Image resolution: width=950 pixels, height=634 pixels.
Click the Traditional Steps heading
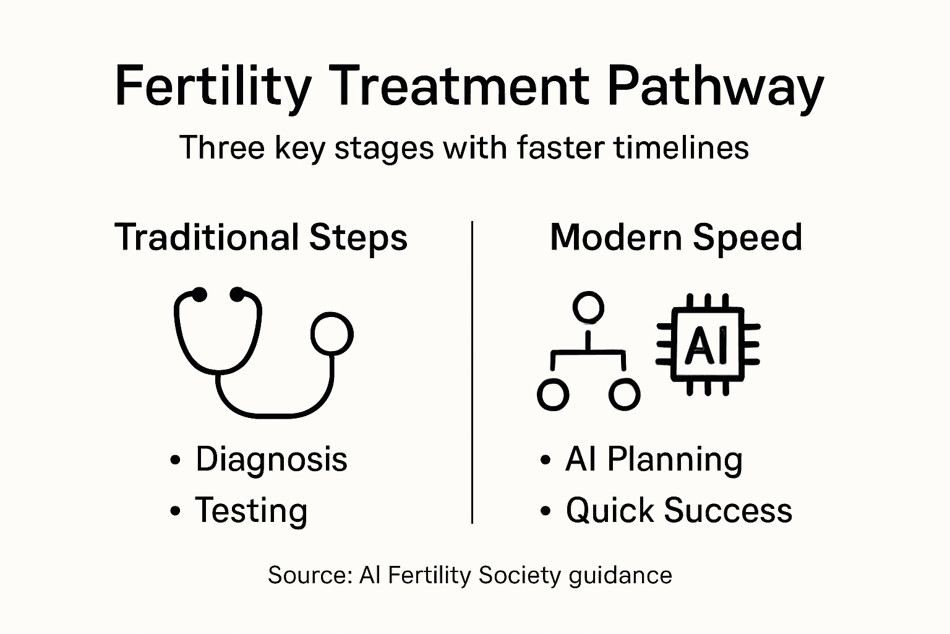(x=261, y=238)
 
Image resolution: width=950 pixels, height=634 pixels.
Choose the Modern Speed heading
(x=676, y=238)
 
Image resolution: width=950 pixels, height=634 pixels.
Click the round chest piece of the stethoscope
(x=332, y=334)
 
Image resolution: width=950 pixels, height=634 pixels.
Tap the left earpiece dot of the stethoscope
(x=199, y=295)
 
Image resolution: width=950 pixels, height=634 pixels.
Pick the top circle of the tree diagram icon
(x=588, y=307)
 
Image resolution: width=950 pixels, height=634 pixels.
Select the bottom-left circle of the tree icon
(x=553, y=394)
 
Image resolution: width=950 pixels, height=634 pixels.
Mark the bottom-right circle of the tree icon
(x=624, y=394)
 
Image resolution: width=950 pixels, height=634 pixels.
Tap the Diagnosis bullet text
(x=272, y=459)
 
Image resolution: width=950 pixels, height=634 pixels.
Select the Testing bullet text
(x=251, y=510)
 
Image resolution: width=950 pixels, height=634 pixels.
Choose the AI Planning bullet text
(x=654, y=459)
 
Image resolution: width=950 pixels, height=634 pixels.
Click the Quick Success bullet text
(x=678, y=510)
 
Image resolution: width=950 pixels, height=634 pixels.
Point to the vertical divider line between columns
(x=473, y=371)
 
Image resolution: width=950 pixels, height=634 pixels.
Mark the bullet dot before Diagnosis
(x=176, y=460)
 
